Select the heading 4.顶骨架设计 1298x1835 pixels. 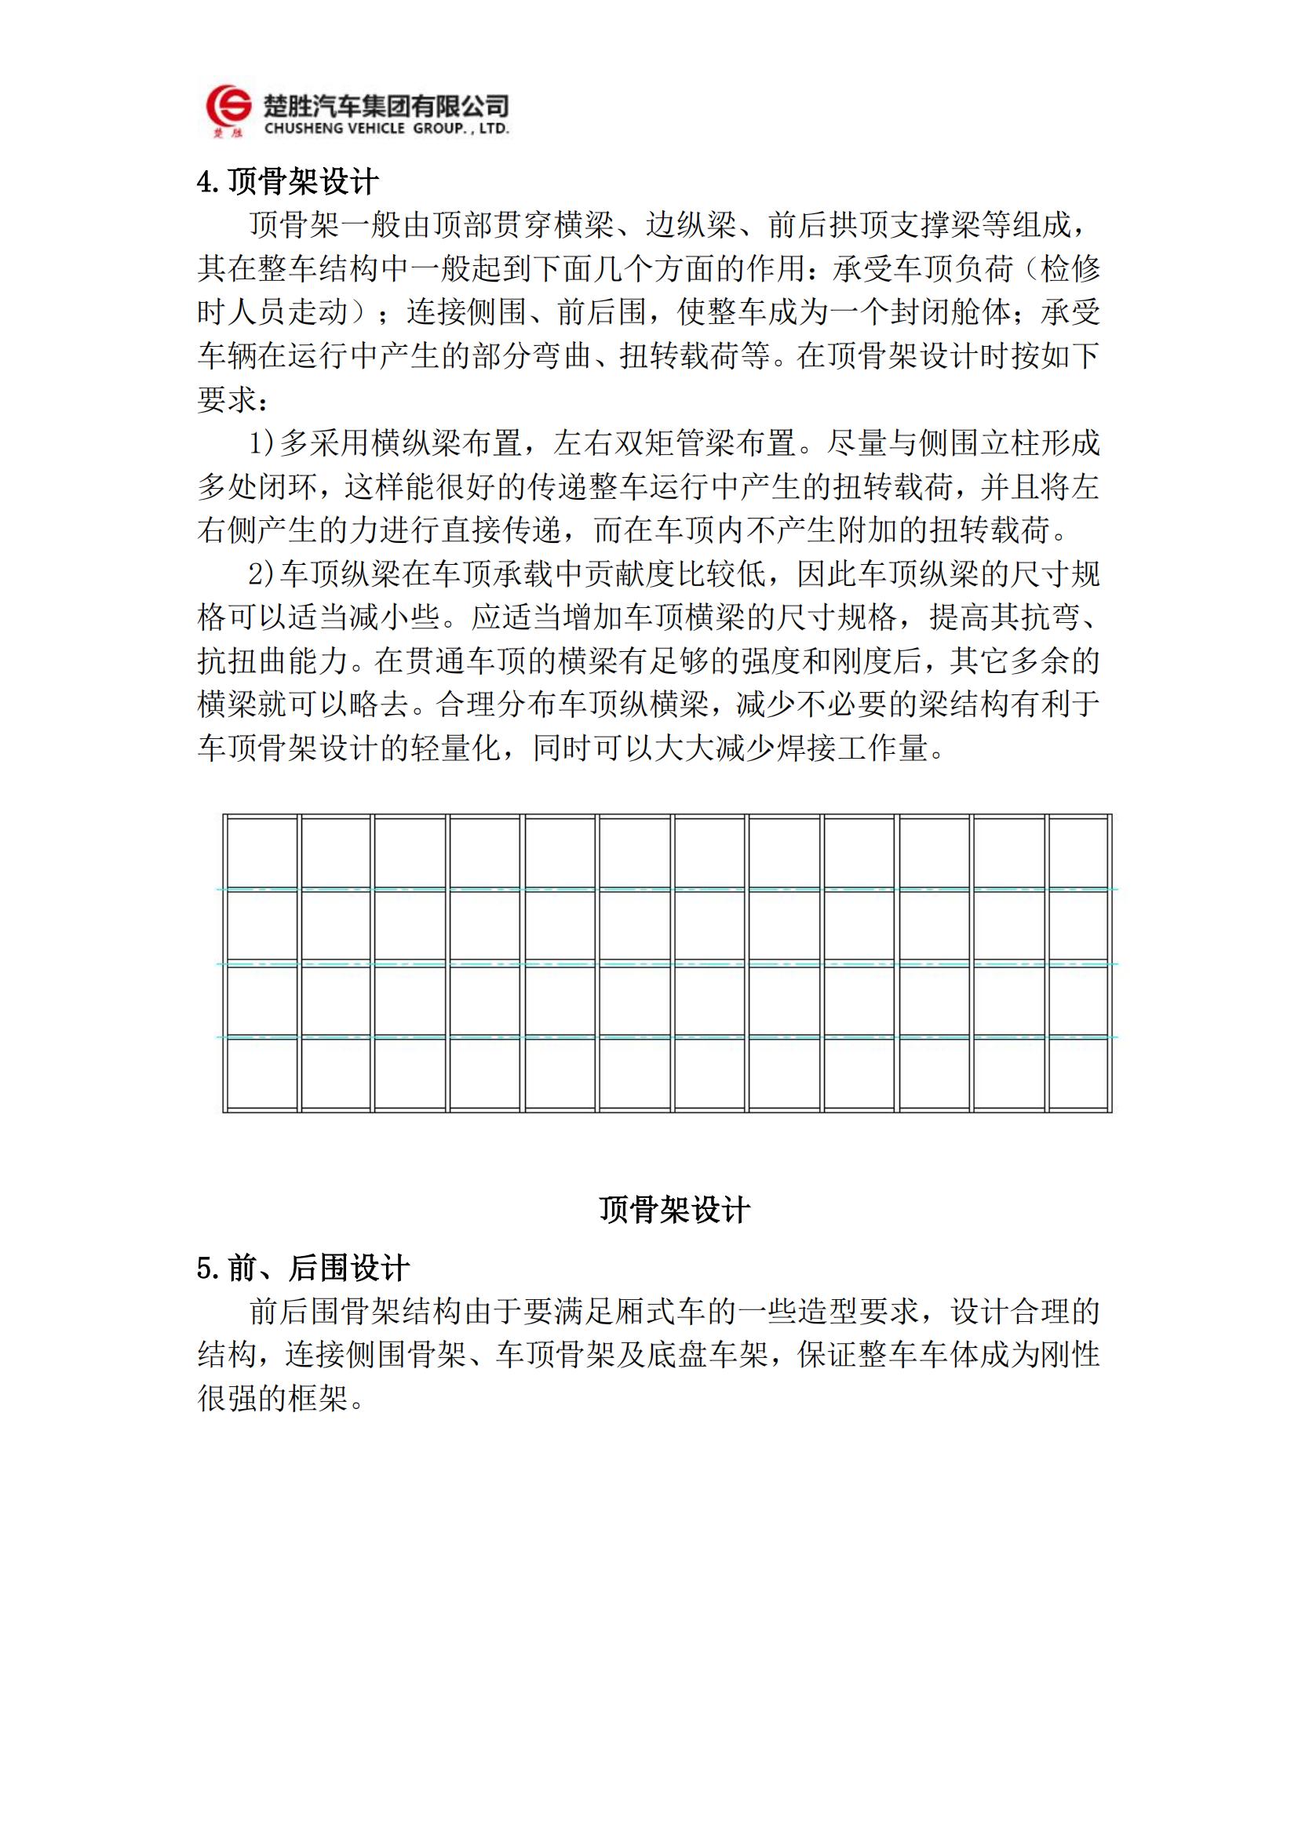[x=287, y=182]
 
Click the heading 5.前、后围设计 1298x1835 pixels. [x=303, y=1269]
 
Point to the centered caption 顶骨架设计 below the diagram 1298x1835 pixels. [x=675, y=1210]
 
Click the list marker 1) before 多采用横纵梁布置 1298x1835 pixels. [x=261, y=442]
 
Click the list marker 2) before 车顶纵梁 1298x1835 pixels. [x=261, y=573]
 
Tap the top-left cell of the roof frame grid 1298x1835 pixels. [x=261, y=852]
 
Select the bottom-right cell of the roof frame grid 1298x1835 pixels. [x=1078, y=1073]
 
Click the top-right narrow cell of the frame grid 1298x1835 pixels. [x=1078, y=852]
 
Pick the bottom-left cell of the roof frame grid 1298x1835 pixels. [x=261, y=1073]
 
